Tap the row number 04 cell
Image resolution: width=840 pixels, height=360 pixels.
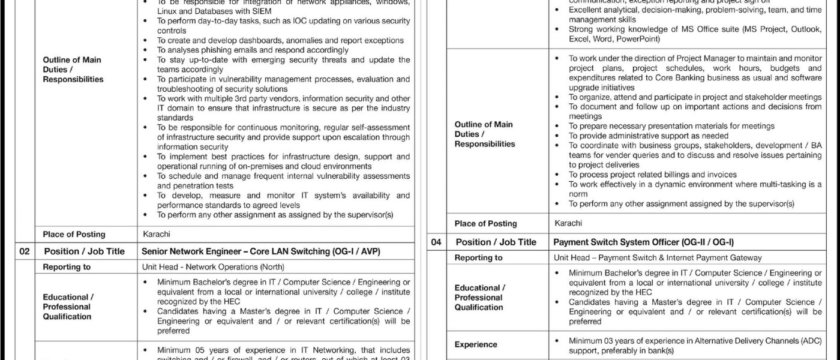click(x=436, y=242)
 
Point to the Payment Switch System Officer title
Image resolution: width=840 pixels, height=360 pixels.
click(x=643, y=242)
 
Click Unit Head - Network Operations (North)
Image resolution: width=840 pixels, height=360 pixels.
click(x=213, y=267)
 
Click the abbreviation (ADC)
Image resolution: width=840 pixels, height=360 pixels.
click(x=809, y=340)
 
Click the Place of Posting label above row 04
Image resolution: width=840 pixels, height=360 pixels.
click(x=485, y=223)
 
